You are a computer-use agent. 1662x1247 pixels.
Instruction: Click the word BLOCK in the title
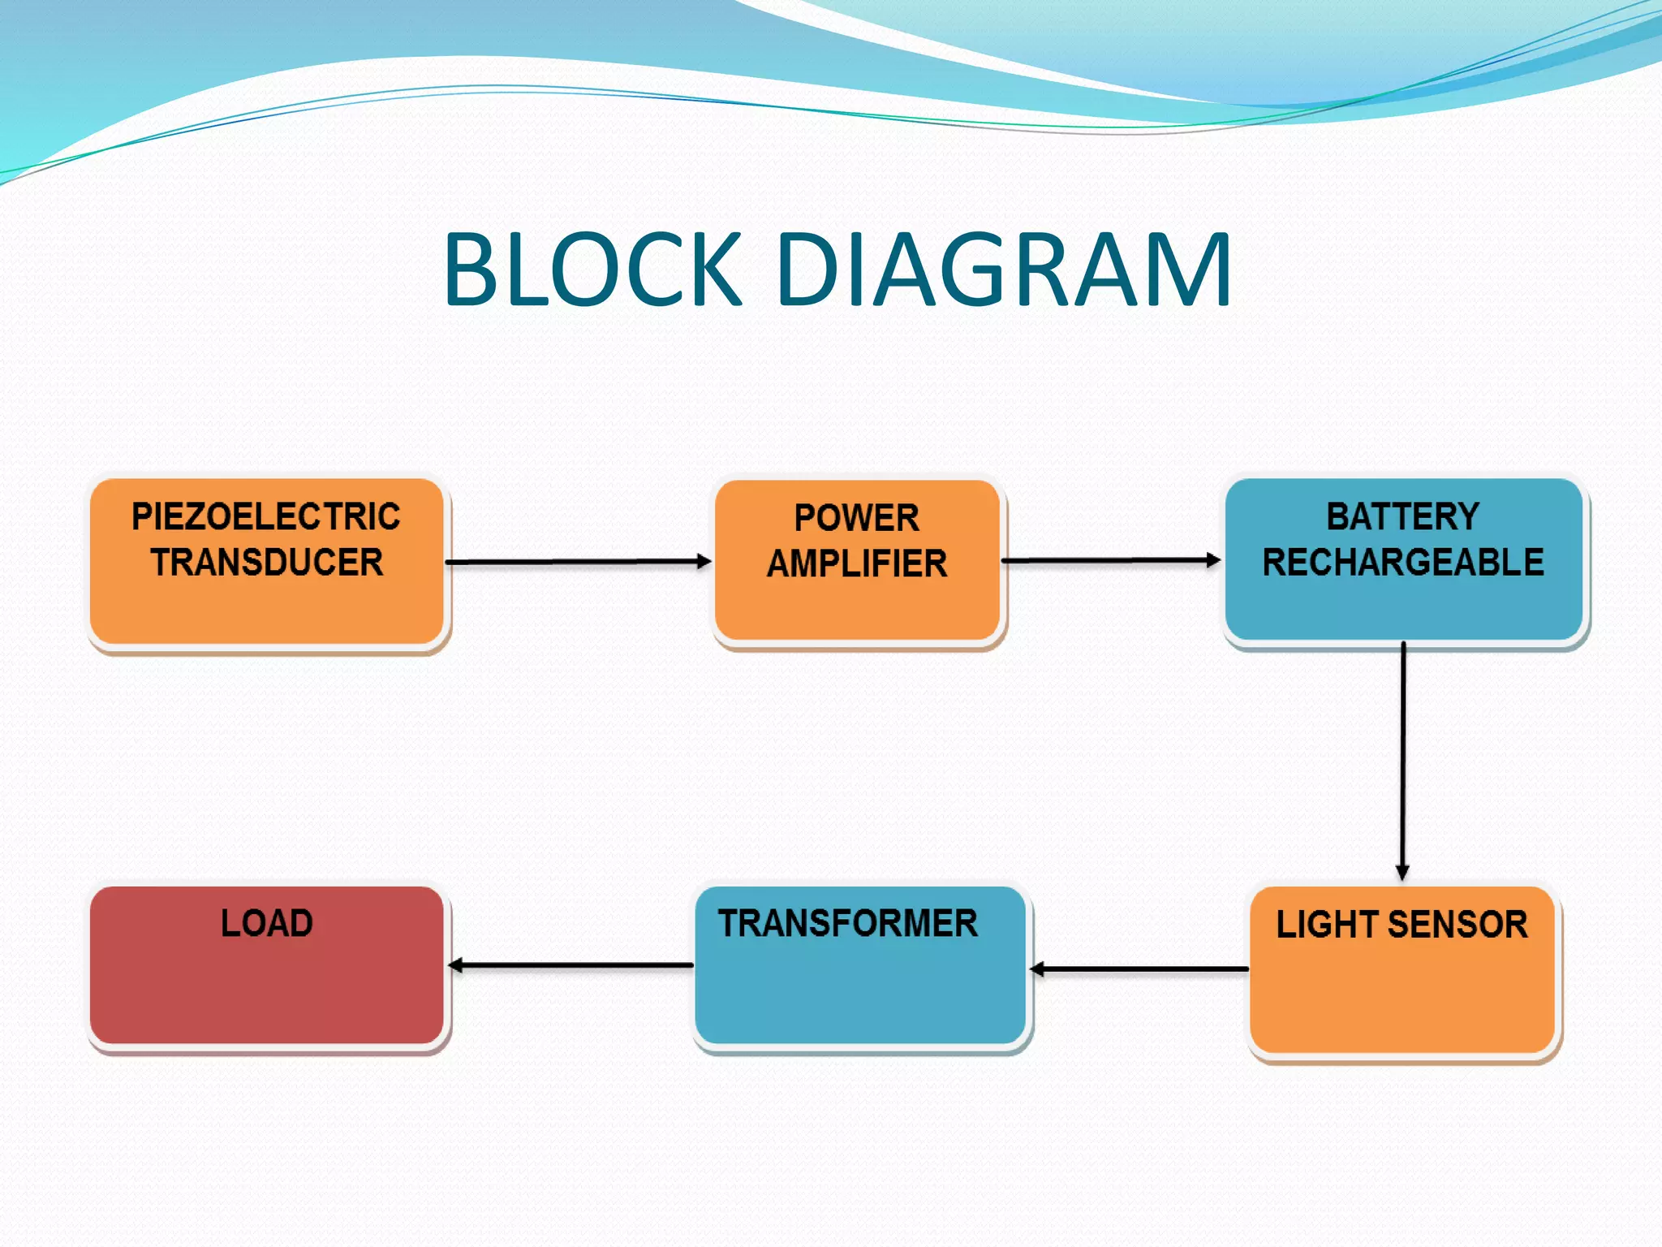coord(592,270)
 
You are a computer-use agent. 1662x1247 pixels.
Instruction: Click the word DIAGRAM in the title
coord(1005,270)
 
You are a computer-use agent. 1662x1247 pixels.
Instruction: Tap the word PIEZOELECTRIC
coord(266,517)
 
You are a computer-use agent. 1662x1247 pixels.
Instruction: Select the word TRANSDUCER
coord(266,563)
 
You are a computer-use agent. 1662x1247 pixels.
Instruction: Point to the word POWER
coord(856,519)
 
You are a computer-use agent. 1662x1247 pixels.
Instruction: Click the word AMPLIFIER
coord(857,564)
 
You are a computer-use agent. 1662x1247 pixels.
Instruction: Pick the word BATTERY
coord(1402,517)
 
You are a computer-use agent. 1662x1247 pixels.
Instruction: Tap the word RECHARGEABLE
coord(1403,563)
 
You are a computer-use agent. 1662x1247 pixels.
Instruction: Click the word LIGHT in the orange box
coord(1328,925)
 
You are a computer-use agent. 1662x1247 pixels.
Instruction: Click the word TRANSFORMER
coord(847,924)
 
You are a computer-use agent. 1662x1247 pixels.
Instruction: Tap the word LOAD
coord(266,924)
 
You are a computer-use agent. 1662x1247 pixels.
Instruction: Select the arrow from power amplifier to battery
coord(1110,560)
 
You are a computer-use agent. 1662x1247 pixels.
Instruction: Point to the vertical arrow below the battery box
coord(1402,759)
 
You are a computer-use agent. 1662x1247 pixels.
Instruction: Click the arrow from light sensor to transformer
coord(1139,969)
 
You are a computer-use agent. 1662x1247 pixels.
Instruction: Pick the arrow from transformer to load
coord(571,965)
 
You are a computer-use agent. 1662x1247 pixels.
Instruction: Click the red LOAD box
coord(266,990)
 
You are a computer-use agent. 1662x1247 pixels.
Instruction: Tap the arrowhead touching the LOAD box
coord(456,965)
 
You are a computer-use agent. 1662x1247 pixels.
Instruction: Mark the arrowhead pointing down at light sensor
coord(1402,873)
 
